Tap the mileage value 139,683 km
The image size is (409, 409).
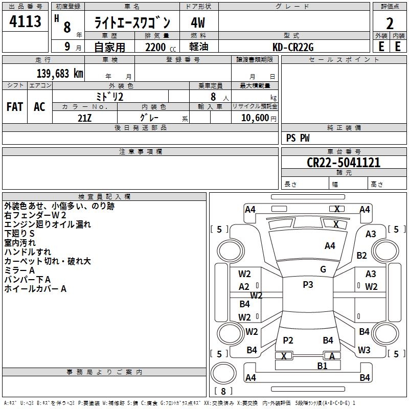click(60, 74)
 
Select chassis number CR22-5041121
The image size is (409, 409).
click(343, 163)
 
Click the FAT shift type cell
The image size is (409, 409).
click(14, 107)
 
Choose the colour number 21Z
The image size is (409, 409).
click(85, 117)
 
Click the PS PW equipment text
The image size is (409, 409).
click(298, 138)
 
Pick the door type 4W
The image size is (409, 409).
click(198, 23)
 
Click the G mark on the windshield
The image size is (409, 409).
click(323, 269)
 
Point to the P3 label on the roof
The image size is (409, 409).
click(308, 285)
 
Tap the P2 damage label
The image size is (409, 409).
click(288, 340)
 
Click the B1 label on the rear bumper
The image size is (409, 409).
click(322, 366)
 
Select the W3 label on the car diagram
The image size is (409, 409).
click(364, 350)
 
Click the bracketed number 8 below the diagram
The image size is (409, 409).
click(223, 391)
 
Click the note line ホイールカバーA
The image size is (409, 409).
click(35, 289)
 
